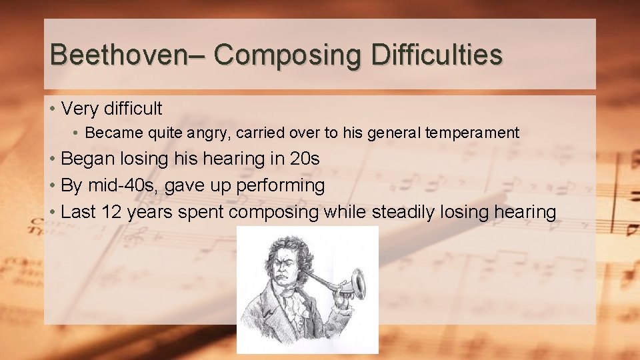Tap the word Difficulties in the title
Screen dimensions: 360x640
point(437,54)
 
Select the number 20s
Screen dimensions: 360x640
point(305,159)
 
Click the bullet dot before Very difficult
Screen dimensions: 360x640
point(51,108)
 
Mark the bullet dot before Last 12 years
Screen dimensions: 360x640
point(51,212)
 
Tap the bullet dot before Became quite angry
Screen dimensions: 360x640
point(77,133)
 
